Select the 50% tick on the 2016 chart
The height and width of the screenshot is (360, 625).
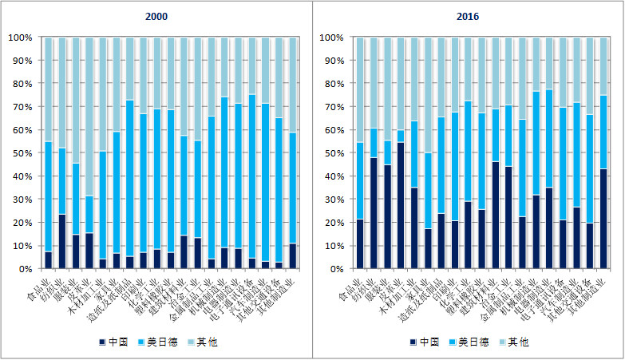coord(330,153)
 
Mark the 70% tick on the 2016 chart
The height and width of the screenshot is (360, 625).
coord(330,107)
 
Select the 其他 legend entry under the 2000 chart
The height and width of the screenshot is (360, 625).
coord(205,342)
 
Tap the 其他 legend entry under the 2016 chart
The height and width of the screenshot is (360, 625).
coord(517,342)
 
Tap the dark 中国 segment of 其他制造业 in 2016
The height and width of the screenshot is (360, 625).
coord(603,219)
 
